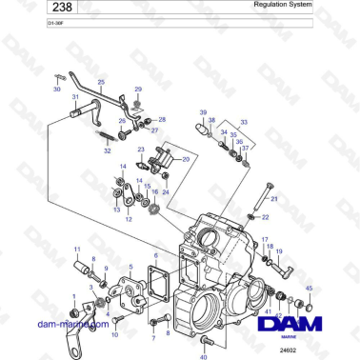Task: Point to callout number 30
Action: [x=55, y=87]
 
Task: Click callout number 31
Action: [x=75, y=96]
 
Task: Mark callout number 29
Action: [x=137, y=89]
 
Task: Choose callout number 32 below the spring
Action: [x=107, y=150]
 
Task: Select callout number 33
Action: [x=243, y=122]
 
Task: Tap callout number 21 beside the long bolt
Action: [x=275, y=199]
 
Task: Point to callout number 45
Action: [x=308, y=288]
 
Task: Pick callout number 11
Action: [x=77, y=250]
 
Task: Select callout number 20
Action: [x=185, y=158]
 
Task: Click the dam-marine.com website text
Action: [x=70, y=325]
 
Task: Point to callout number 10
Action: [x=116, y=334]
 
